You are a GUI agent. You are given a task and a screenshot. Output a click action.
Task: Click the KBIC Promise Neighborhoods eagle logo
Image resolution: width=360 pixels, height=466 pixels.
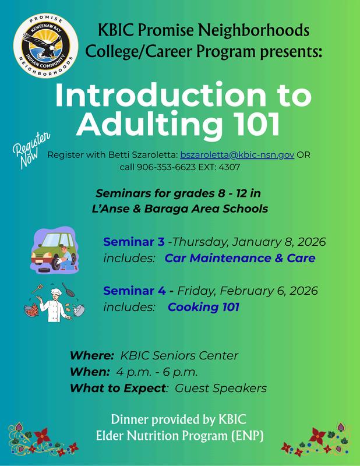click(x=46, y=46)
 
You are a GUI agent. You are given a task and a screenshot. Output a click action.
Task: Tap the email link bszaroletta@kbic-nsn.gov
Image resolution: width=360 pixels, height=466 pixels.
click(x=237, y=155)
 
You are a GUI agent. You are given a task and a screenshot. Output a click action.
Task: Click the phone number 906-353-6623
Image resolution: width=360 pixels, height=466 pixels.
click(x=166, y=167)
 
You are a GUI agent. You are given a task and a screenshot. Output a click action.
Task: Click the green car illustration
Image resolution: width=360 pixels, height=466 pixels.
click(x=55, y=250)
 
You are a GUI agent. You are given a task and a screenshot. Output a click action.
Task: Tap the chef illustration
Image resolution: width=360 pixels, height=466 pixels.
click(x=54, y=302)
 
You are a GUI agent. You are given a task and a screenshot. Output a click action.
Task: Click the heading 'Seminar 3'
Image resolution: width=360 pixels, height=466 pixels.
click(x=134, y=242)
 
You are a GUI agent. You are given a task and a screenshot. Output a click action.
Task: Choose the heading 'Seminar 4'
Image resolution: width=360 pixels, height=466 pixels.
click(x=135, y=291)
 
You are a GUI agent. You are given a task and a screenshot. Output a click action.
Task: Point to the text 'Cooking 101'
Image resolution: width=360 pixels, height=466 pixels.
click(x=203, y=307)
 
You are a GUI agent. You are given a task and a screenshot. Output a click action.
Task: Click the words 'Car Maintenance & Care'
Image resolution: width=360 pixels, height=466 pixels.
click(x=240, y=258)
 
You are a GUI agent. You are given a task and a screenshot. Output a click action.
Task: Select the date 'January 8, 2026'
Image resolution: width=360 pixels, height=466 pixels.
click(x=279, y=242)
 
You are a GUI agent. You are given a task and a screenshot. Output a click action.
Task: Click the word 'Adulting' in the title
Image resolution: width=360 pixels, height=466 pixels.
click(x=149, y=123)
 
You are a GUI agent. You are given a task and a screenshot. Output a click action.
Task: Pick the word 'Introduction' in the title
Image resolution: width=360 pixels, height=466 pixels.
click(x=161, y=95)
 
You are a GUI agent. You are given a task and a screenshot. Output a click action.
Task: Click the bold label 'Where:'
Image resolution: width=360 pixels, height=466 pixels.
click(x=92, y=355)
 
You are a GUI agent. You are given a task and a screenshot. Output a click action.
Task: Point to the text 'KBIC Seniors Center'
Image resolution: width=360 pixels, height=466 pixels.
click(x=179, y=355)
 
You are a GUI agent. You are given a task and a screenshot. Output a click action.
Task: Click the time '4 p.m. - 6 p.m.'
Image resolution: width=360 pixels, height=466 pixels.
click(x=157, y=372)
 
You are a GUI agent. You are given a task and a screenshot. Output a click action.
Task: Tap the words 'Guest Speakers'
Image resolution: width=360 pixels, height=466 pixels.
click(x=221, y=389)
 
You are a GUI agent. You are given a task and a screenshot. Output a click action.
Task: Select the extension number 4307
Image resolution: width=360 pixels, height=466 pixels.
click(x=229, y=167)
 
